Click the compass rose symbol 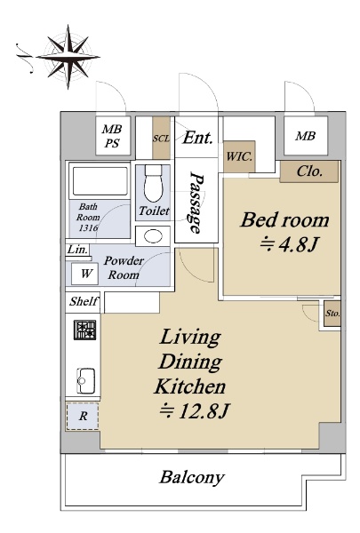pos(68,57)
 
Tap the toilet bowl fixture pos(154,183)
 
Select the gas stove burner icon pos(85,330)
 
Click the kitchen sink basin pos(85,380)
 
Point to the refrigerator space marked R pos(83,416)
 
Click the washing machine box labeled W pos(85,274)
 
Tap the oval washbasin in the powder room pos(153,236)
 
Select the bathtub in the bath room pos(100,180)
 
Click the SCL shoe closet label pos(161,139)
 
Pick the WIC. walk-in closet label pos(239,156)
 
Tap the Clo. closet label pos(309,171)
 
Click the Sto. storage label pos(332,314)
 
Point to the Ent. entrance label pos(197,138)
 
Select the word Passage pos(196,203)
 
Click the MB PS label pos(112,136)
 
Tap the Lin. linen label pos(77,250)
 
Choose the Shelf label pos(84,301)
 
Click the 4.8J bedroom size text pos(290,244)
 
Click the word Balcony pos(192,477)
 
